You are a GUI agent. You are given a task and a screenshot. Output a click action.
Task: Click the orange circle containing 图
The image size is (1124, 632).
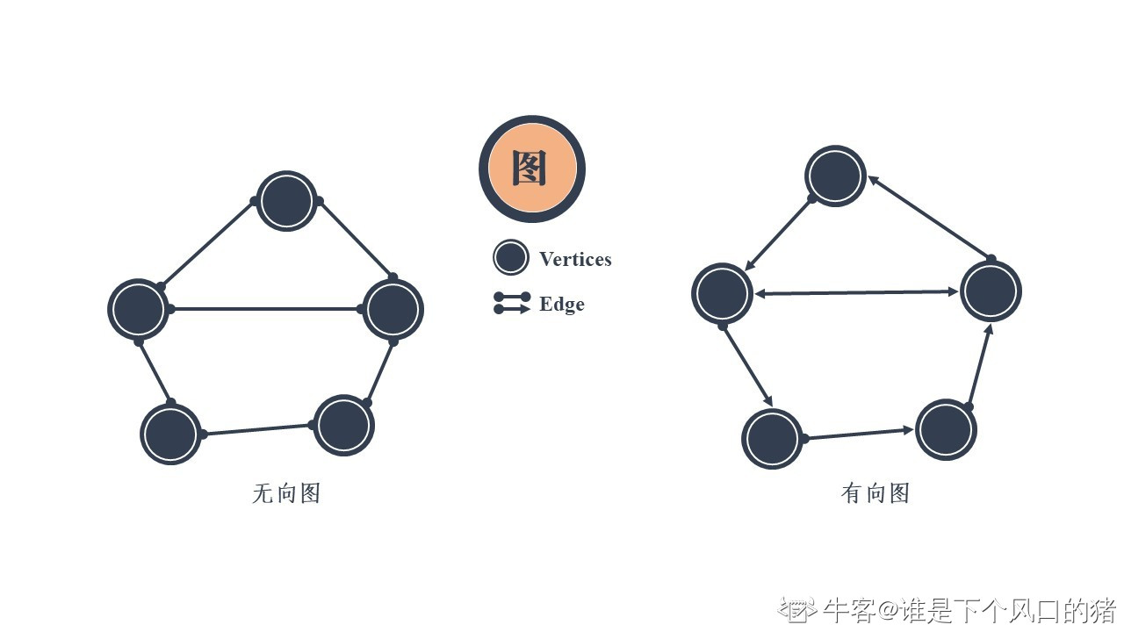(x=532, y=169)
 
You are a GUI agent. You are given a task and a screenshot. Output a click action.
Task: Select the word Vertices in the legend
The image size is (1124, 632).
(x=575, y=259)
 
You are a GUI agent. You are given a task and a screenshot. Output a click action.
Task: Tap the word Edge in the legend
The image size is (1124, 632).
(x=561, y=304)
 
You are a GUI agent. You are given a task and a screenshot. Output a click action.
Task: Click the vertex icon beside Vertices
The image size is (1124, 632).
(x=510, y=258)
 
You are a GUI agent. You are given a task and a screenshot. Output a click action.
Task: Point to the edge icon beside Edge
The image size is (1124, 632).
(x=512, y=303)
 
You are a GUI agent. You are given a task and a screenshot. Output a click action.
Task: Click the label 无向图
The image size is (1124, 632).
(x=286, y=493)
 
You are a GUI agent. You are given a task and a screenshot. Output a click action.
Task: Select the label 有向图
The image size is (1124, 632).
(x=875, y=493)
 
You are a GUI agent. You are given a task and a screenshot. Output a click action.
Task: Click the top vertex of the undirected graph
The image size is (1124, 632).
(x=286, y=201)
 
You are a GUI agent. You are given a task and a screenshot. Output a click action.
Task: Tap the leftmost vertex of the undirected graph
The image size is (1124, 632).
(x=138, y=309)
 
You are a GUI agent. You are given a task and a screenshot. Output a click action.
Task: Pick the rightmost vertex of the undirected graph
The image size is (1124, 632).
(x=393, y=309)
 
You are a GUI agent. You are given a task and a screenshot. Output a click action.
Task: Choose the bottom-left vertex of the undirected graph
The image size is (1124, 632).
(x=170, y=434)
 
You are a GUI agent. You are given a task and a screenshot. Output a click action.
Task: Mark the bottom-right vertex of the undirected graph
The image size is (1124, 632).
(x=344, y=425)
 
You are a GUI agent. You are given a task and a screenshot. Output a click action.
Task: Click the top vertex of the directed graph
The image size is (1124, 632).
(x=835, y=176)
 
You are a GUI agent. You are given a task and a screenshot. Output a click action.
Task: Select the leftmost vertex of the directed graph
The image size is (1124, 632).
(x=722, y=293)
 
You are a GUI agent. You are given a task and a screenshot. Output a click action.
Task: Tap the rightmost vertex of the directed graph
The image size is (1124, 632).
(x=991, y=291)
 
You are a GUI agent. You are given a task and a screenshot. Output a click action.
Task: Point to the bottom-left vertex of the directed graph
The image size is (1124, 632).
(x=772, y=438)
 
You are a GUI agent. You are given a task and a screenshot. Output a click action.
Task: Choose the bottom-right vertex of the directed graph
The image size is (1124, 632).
(x=946, y=429)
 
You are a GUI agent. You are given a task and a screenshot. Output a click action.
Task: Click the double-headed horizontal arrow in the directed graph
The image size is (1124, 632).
(x=856, y=292)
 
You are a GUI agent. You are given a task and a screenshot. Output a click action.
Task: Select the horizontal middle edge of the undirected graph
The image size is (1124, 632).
(x=265, y=309)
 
